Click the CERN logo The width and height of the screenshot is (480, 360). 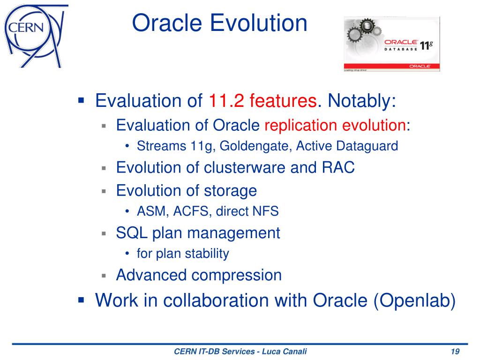click(x=35, y=36)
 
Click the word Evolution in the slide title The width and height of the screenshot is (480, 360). click(x=259, y=23)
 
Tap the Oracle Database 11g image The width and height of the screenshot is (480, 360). click(x=392, y=45)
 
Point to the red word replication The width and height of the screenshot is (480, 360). click(x=301, y=125)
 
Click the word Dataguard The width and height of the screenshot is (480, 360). click(x=367, y=146)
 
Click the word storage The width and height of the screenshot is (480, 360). click(x=231, y=191)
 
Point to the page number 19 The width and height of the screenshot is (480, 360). click(x=455, y=351)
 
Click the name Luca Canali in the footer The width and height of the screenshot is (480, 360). click(x=285, y=351)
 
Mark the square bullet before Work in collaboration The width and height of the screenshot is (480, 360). click(x=81, y=300)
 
